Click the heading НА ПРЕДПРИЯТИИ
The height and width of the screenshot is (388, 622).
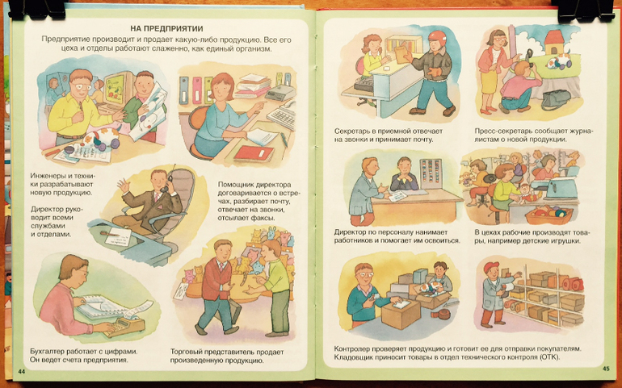[x=166, y=28]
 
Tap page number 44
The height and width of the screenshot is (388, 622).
[x=22, y=371]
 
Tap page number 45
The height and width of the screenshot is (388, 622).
[x=606, y=368]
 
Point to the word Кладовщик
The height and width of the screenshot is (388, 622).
[x=352, y=357]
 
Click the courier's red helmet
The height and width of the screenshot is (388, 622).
[x=437, y=38]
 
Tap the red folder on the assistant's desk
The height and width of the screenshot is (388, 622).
[x=254, y=153]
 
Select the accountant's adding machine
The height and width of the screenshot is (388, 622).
[x=124, y=326]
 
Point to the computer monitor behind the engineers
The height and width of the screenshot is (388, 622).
[x=119, y=88]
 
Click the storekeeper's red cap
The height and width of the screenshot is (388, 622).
[x=490, y=267]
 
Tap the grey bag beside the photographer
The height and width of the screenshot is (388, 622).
[x=556, y=100]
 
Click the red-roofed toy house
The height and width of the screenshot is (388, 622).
[x=554, y=43]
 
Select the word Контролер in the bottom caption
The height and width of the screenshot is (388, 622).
[x=352, y=349]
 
